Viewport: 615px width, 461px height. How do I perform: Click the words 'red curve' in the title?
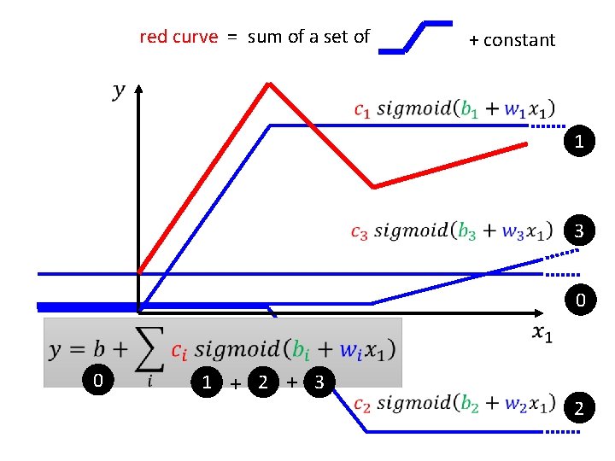179,37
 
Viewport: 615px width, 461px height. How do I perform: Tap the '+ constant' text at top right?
512,40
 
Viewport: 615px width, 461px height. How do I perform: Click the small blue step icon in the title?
415,37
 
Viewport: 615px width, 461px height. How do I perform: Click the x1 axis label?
542,333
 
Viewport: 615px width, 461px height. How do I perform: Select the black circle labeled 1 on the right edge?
580,142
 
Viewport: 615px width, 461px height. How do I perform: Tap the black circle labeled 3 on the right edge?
580,231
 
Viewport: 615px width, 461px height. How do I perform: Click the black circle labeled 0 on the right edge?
580,300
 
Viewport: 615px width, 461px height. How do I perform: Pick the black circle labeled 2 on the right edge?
580,409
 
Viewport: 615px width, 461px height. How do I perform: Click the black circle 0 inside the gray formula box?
98,381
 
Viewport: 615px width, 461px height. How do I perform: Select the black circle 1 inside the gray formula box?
206,382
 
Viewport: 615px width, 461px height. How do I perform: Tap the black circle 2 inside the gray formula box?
264,382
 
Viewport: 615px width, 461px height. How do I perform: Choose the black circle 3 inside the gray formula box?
319,382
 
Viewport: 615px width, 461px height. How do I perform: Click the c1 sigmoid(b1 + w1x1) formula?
454,109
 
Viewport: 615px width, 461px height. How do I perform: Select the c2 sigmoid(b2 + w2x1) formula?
453,403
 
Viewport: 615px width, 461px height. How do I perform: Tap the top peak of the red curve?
270,84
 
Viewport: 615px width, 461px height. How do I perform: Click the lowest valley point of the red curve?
373,186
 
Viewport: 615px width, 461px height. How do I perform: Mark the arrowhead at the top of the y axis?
138,87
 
